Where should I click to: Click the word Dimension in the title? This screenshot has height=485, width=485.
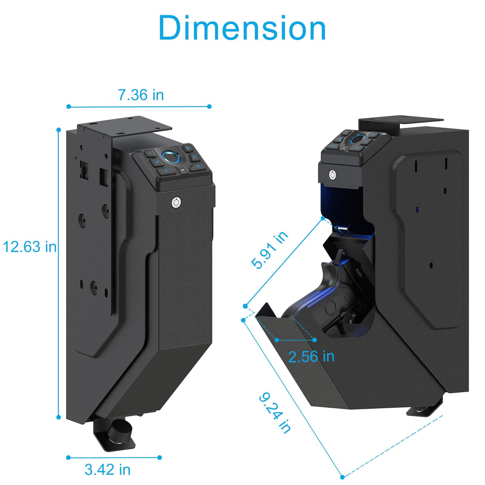242,28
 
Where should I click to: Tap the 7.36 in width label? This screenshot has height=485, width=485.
141,95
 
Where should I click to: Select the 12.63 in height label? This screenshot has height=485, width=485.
30,247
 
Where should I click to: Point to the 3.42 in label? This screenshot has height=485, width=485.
107,469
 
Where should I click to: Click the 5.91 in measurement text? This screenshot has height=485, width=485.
269,250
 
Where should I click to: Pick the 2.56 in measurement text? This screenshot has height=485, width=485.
311,356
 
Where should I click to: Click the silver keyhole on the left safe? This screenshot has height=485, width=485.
175,203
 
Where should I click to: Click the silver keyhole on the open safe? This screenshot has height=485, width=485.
332,175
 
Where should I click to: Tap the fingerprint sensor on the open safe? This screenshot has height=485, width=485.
358,139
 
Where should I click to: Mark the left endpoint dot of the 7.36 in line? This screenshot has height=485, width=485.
69,106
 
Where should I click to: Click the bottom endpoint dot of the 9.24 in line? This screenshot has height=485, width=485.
342,477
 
